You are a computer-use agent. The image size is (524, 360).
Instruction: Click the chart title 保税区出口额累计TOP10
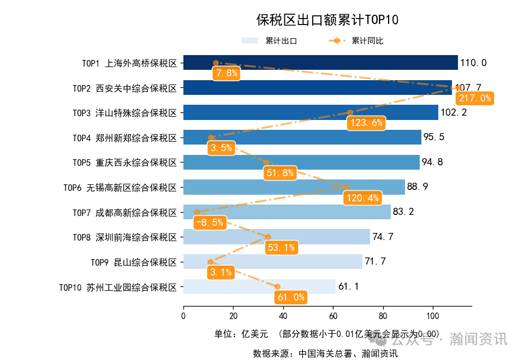pos(327,20)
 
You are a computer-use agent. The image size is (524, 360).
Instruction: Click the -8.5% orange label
pos(209,223)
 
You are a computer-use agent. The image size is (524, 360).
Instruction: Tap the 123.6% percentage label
pos(366,123)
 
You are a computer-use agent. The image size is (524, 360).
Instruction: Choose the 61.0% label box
pos(291,297)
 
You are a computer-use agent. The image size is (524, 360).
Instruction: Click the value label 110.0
pos(473,63)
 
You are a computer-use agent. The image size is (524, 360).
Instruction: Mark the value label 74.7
pos(383,237)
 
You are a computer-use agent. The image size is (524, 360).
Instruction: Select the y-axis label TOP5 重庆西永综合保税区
pos(125,163)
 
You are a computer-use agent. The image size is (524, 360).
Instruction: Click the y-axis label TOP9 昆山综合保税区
pos(134,262)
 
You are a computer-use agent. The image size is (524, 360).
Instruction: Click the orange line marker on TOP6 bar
pos(346,187)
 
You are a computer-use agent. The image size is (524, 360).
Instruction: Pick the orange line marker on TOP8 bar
pos(268,237)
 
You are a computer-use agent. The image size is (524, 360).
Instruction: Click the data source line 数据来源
pos(325,353)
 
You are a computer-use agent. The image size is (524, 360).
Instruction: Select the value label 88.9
pos(418,187)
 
